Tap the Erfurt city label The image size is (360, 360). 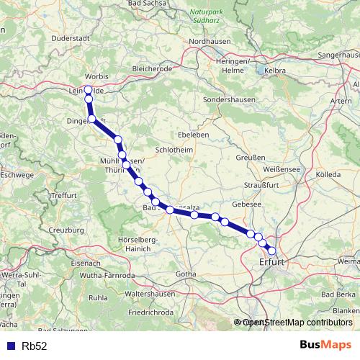tap(272, 263)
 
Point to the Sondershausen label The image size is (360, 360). tap(230, 99)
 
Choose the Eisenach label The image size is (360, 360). tap(66, 264)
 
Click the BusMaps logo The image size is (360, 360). tap(322, 346)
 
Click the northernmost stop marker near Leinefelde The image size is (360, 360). tap(89, 90)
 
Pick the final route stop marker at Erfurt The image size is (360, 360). tap(271, 251)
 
